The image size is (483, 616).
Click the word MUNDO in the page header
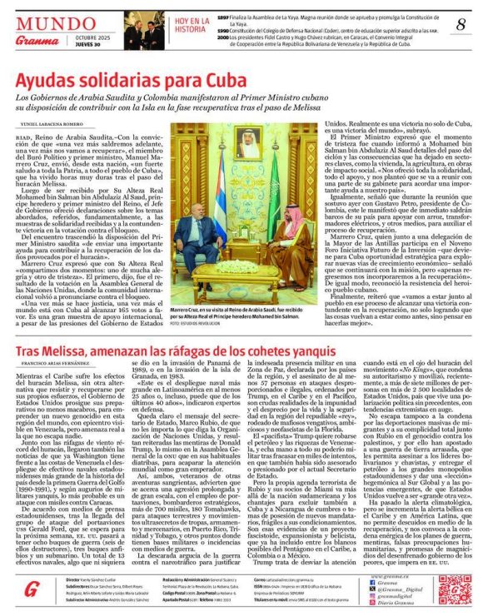[x=55, y=23]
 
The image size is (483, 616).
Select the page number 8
[x=461, y=25]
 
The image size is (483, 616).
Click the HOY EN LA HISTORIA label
[x=192, y=24]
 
